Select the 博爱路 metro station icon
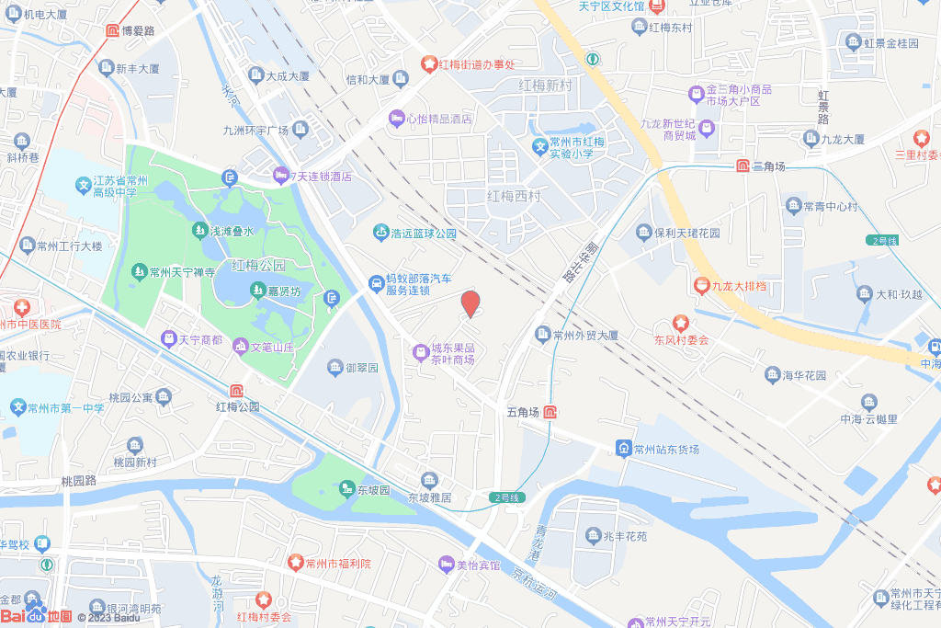tap(112, 31)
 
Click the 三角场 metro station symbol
tap(742, 166)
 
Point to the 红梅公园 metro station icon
tap(236, 390)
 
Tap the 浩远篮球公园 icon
tap(380, 234)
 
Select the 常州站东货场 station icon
tap(624, 449)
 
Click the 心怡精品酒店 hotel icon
tap(396, 119)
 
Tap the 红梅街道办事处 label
tap(477, 64)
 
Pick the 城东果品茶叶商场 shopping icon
tap(420, 349)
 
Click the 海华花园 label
tap(805, 375)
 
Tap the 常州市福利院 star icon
tap(295, 562)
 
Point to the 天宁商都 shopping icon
tap(169, 339)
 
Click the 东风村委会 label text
tap(681, 340)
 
